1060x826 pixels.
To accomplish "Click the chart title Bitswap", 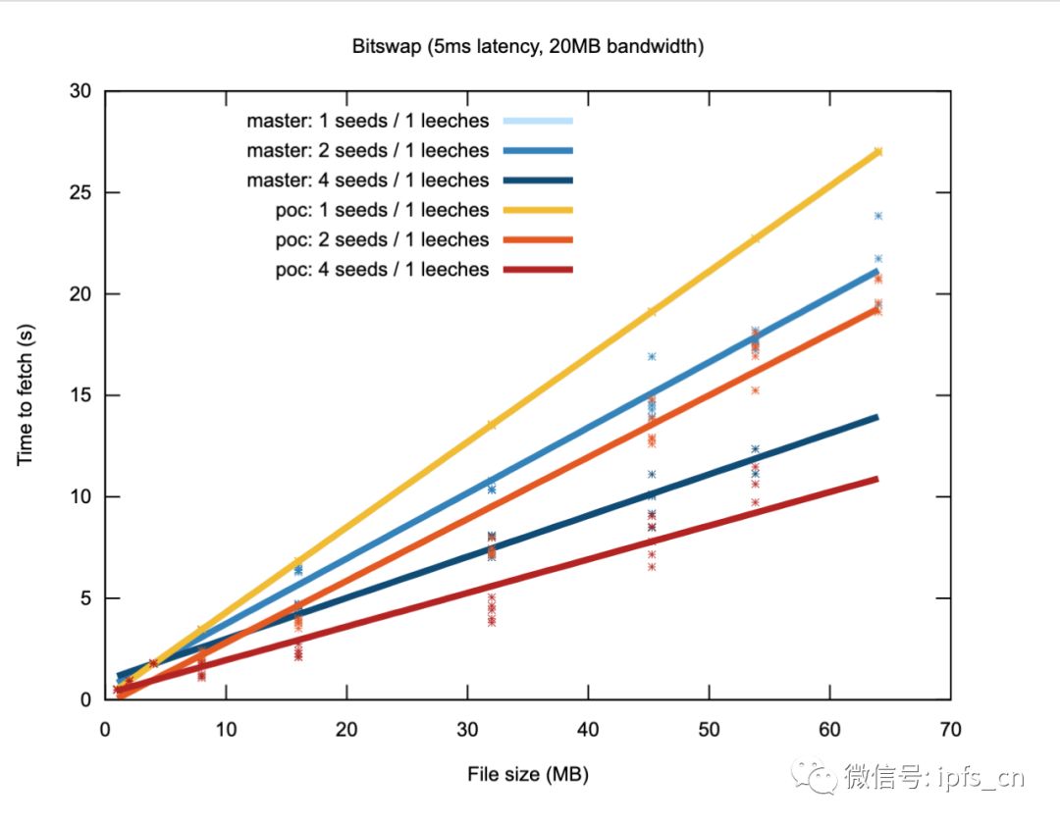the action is point(387,47).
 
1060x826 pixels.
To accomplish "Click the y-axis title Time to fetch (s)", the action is point(25,394).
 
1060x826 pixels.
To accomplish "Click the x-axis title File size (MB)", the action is point(528,774).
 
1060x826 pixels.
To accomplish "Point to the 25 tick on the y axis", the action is point(80,192).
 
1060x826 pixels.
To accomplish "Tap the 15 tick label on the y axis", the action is point(80,395).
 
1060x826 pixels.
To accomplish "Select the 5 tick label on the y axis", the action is point(85,598).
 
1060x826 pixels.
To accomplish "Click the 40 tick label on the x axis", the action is point(588,730).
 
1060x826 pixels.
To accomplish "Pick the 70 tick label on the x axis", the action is point(950,730).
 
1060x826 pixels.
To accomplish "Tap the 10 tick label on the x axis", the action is point(226,730).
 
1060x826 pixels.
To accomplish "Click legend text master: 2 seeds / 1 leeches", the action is point(368,151).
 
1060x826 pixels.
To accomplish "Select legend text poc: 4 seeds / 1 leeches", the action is point(382,270).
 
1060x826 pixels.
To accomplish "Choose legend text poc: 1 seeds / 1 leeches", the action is point(382,210).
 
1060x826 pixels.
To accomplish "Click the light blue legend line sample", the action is point(538,121).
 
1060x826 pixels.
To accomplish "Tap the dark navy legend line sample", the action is point(538,181).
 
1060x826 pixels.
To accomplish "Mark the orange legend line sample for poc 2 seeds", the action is point(538,240).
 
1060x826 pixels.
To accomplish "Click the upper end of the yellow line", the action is point(878,151).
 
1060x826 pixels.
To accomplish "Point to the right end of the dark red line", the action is point(877,480).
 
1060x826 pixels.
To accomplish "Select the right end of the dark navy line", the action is point(877,417).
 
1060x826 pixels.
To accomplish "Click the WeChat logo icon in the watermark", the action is point(814,777).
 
